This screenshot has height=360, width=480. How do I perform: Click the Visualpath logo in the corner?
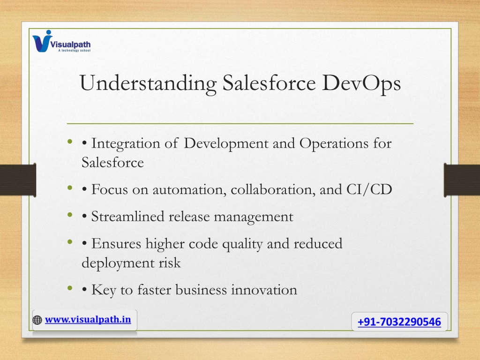pyautogui.click(x=61, y=41)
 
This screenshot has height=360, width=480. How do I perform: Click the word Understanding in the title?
pyautogui.click(x=148, y=83)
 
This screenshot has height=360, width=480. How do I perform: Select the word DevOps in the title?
pyautogui.click(x=361, y=83)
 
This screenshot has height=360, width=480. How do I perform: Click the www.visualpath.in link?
pyautogui.click(x=88, y=320)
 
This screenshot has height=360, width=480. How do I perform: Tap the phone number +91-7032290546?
pyautogui.click(x=399, y=322)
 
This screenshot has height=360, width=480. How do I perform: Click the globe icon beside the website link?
pyautogui.click(x=37, y=320)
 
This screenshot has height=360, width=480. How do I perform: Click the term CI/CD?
pyautogui.click(x=369, y=189)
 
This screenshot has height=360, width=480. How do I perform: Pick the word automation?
pyautogui.click(x=189, y=190)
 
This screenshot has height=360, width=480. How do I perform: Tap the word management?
pyautogui.click(x=254, y=217)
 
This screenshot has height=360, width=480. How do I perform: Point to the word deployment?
pyautogui.click(x=118, y=263)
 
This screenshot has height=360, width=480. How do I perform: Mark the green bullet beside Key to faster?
pyautogui.click(x=70, y=288)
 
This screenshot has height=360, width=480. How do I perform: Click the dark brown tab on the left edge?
pyautogui.click(x=18, y=180)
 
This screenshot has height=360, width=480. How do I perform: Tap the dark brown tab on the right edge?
pyautogui.click(x=462, y=180)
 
